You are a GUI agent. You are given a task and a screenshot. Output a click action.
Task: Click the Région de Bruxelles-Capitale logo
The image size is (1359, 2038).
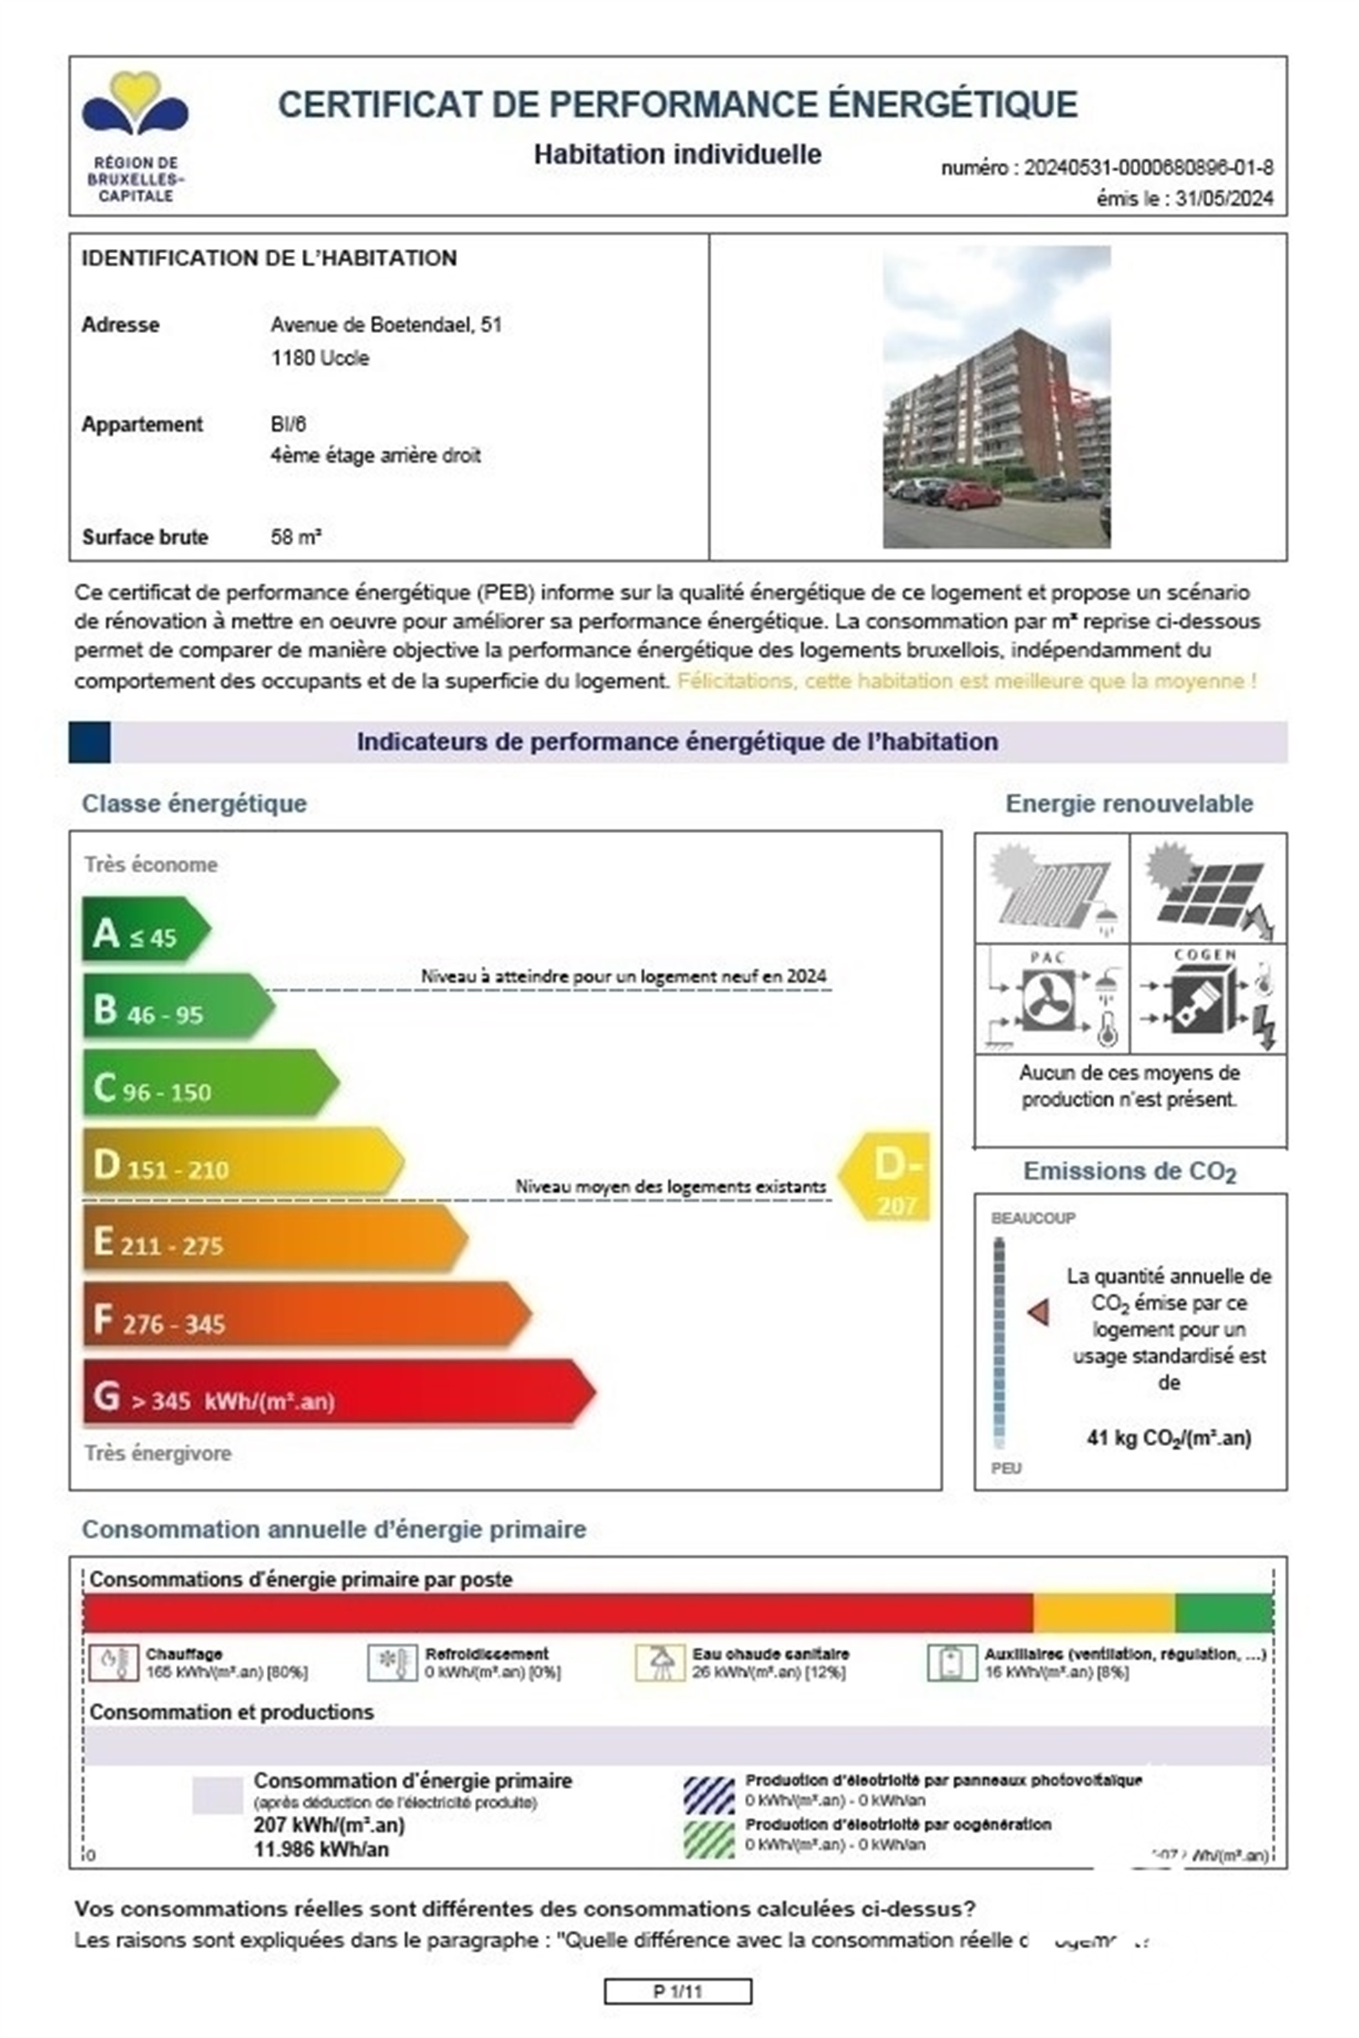(135, 136)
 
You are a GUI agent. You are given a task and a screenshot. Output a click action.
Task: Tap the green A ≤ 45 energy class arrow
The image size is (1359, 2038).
(143, 930)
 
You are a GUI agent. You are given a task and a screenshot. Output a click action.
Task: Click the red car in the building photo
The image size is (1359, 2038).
(973, 495)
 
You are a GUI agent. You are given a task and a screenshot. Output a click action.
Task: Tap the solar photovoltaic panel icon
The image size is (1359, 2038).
(1208, 890)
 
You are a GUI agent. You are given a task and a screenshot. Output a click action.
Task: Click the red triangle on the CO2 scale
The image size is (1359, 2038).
(1039, 1312)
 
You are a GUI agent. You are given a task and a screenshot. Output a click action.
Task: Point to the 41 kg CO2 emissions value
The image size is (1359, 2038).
(1169, 1438)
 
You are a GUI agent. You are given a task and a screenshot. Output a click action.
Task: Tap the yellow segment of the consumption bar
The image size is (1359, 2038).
(1103, 1613)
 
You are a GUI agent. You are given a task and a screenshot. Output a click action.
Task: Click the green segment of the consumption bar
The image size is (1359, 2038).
(1223, 1613)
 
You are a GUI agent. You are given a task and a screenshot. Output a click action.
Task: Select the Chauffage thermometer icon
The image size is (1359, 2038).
(112, 1662)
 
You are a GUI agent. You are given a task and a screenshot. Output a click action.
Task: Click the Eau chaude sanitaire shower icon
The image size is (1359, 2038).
(660, 1662)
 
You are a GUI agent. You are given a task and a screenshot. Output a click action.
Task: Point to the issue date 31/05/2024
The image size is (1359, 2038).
(1224, 199)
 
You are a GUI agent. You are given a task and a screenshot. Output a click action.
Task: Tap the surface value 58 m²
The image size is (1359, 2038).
(295, 538)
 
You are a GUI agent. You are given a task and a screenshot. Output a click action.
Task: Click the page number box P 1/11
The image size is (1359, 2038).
(677, 1991)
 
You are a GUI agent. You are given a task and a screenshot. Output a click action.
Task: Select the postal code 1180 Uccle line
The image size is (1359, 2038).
(320, 358)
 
